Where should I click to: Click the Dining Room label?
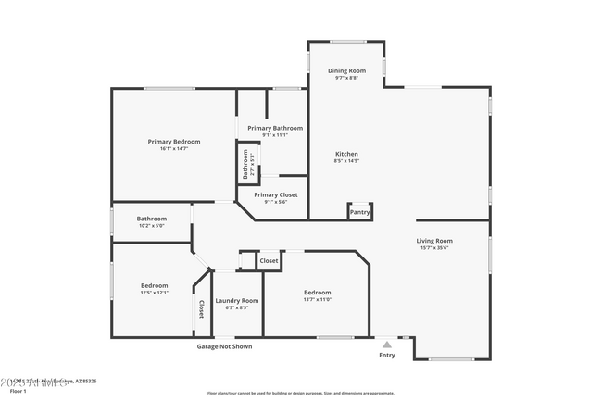(346, 71)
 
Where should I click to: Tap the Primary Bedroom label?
(174, 142)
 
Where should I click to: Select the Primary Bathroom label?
(275, 128)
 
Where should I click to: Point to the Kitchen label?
(346, 154)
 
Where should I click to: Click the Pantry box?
(359, 212)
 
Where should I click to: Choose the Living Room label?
(433, 241)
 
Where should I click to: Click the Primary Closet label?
(276, 194)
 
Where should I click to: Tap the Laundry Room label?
(237, 300)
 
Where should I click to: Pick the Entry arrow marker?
(387, 344)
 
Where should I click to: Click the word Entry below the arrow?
(387, 355)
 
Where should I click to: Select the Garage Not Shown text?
(223, 346)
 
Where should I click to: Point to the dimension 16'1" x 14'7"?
(174, 149)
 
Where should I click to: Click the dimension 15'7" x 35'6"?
(433, 248)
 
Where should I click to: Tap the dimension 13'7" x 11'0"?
(317, 299)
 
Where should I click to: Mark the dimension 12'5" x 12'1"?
(155, 293)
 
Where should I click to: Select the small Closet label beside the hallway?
(269, 261)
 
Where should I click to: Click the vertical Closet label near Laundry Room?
(200, 308)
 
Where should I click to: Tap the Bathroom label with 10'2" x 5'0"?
(152, 219)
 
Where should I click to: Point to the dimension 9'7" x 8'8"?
(346, 78)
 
